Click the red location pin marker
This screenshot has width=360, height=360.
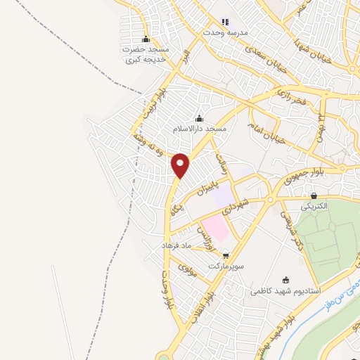pyautogui.click(x=181, y=165)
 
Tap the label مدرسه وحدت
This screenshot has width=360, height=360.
pyautogui.click(x=224, y=33)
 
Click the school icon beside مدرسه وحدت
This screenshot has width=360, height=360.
pyautogui.click(x=225, y=22)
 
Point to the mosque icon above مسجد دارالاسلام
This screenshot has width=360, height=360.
pyautogui.click(x=200, y=118)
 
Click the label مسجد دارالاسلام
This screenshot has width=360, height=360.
pyautogui.click(x=200, y=130)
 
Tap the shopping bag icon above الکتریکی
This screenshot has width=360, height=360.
pyautogui.click(x=314, y=196)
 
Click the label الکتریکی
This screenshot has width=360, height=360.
pyautogui.click(x=314, y=207)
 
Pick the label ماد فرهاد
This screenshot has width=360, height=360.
pyautogui.click(x=177, y=246)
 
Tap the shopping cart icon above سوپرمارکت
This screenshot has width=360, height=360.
pyautogui.click(x=225, y=256)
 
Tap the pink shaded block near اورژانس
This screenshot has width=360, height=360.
pyautogui.click(x=217, y=227)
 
